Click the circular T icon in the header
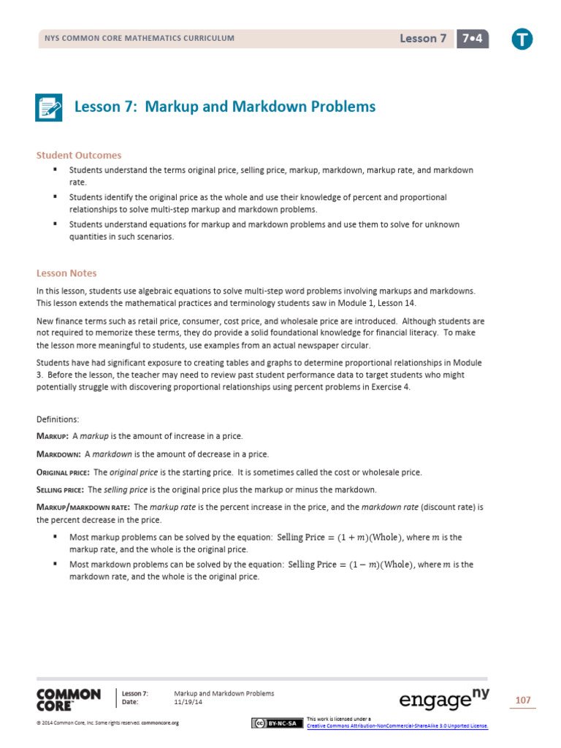click(522, 39)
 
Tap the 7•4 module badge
click(473, 39)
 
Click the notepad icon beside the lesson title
click(50, 107)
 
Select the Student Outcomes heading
click(79, 155)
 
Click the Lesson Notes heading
click(66, 273)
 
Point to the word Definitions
click(61, 419)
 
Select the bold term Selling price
click(61, 489)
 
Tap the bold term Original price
click(63, 472)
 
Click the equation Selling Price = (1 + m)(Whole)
click(339, 538)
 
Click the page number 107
click(522, 701)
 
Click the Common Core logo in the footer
click(69, 699)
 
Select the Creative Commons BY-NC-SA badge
click(275, 723)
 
